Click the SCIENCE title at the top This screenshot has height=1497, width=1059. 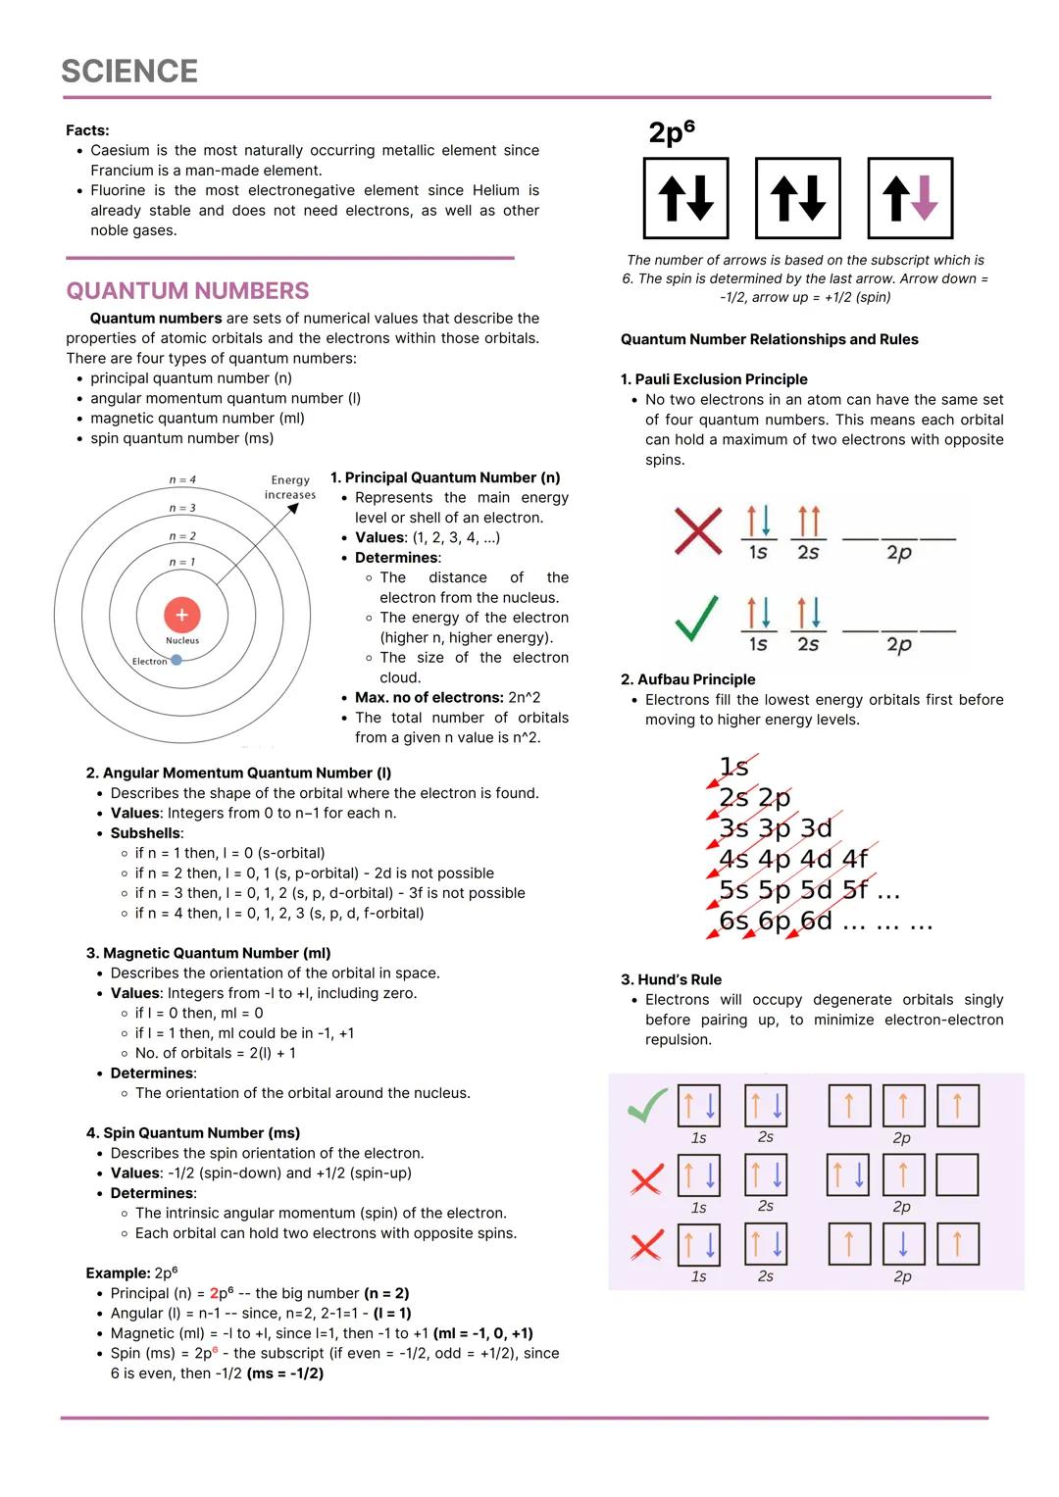[x=129, y=71]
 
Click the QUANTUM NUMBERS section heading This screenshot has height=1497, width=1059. [x=187, y=291]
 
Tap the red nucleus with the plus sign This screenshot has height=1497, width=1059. [x=181, y=615]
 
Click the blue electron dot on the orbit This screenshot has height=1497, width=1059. [x=176, y=660]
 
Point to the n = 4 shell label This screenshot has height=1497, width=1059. [x=182, y=479]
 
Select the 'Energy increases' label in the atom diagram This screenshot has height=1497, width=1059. [x=290, y=487]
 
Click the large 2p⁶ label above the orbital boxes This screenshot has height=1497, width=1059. [x=672, y=131]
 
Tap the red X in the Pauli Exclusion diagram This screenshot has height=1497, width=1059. [x=697, y=530]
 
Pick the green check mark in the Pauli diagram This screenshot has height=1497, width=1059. [x=697, y=620]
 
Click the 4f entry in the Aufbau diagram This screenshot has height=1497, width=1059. [x=855, y=859]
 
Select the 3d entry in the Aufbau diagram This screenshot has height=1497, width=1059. [x=816, y=828]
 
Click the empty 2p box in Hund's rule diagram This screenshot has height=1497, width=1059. [x=957, y=1174]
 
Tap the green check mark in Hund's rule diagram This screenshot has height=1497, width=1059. [x=647, y=1106]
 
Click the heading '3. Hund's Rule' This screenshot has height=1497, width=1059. [x=671, y=979]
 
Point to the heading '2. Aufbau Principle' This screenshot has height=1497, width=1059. [x=687, y=679]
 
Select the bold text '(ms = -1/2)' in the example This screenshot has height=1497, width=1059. [x=285, y=1373]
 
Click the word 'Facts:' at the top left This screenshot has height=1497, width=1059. [x=87, y=130]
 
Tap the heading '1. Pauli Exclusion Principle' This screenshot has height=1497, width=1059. [x=714, y=379]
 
